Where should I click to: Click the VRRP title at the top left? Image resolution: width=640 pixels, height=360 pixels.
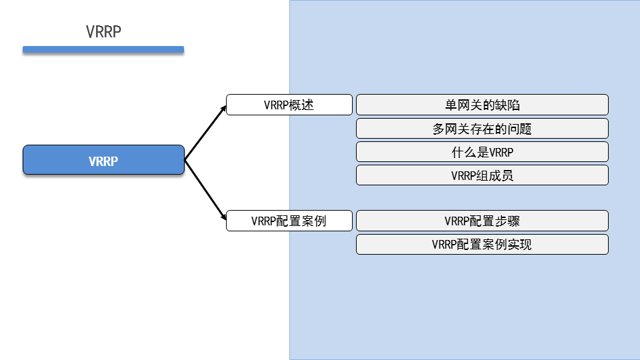103,32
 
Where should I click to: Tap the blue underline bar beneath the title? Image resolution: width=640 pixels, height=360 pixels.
103,49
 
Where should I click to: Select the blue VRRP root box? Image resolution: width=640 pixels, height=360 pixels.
104,160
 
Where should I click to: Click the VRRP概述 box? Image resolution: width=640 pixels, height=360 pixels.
289,105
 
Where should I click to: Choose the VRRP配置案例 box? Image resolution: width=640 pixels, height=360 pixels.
289,221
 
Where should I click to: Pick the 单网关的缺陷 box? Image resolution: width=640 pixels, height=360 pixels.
482,105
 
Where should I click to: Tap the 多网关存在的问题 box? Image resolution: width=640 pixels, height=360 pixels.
482,129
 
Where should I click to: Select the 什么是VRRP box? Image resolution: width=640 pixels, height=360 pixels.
482,152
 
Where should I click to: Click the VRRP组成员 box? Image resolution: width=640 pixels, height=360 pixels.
482,175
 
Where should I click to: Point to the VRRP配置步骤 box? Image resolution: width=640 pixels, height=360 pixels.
482,221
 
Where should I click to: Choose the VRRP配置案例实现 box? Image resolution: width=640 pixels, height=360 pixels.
482,244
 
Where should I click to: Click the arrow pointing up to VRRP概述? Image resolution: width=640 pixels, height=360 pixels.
205,133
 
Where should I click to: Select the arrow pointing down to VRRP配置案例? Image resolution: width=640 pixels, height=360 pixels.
205,190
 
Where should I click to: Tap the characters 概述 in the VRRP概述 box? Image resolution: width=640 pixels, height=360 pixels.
301,105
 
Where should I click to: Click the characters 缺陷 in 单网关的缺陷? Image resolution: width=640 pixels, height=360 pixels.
507,105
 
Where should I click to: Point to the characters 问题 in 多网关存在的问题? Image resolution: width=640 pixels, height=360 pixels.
519,129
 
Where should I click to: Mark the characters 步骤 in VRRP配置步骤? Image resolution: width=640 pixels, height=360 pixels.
507,221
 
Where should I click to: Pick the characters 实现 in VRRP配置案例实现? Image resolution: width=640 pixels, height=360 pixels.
519,244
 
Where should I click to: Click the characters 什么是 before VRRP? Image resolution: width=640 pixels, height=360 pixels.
470,152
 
